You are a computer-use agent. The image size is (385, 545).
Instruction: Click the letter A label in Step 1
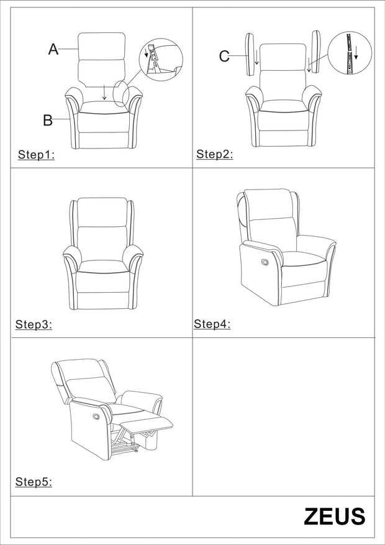[x=53, y=50]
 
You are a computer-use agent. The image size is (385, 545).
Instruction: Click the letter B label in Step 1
[x=48, y=120]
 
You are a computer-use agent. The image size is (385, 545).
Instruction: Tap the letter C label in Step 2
[x=224, y=57]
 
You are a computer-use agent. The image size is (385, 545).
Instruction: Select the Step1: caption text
[x=36, y=155]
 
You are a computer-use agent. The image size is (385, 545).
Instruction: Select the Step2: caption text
[x=215, y=155]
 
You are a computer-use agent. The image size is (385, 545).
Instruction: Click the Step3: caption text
[x=34, y=324]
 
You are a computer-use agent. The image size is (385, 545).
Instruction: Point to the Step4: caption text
[x=212, y=324]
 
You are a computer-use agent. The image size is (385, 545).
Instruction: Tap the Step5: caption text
[x=34, y=482]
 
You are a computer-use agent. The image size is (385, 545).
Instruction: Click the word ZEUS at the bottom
[x=334, y=516]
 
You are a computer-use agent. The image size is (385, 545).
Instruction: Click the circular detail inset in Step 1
[x=161, y=59]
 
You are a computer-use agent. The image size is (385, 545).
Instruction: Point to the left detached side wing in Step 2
[x=250, y=53]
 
